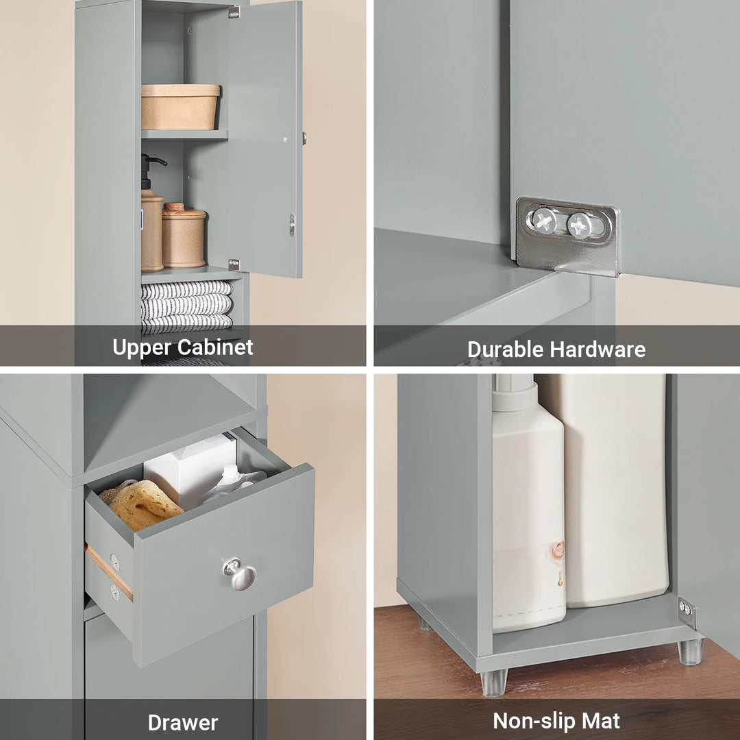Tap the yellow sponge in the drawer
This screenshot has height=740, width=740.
pos(140,504)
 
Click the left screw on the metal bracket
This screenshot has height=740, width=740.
pos(544,221)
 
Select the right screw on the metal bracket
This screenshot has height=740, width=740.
pos(580,225)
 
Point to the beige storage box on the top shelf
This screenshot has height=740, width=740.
pos(180,107)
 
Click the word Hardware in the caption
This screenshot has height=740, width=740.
pos(597,349)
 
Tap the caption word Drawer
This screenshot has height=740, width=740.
pos(183,723)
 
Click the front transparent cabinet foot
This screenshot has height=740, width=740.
pos(493,682)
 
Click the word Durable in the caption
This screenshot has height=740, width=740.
pos(505,349)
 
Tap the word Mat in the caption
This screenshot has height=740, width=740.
pos(601,721)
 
